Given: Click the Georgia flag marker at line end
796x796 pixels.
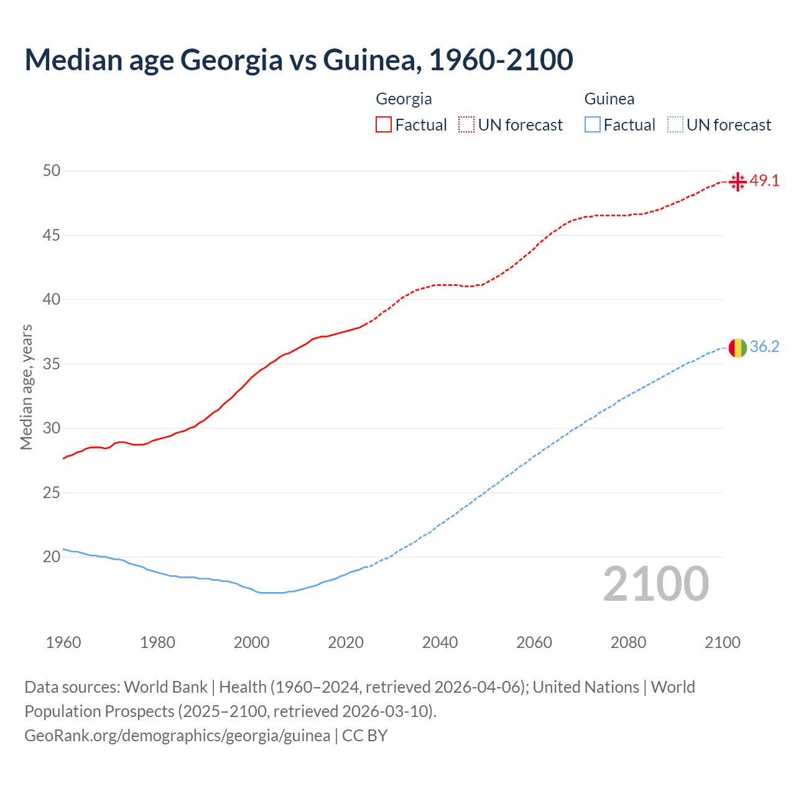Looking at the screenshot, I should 738,182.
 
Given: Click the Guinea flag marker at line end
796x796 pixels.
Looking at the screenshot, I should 738,348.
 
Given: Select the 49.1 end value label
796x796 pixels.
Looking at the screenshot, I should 764,181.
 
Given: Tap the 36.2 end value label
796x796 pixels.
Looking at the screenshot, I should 764,347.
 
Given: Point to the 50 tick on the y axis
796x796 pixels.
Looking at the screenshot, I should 52,170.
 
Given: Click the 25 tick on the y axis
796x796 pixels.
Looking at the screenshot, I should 52,493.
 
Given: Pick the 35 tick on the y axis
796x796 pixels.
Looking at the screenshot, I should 52,364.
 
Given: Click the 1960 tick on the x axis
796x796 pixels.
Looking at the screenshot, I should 63,642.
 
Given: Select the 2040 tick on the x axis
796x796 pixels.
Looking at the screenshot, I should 440,642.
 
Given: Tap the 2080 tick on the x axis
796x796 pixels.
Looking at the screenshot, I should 628,642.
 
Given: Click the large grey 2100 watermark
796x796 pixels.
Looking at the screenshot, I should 656,584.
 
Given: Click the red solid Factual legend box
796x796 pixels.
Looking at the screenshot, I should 384,125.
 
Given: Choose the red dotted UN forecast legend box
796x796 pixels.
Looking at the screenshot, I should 466,125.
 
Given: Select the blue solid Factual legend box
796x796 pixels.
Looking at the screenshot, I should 593,125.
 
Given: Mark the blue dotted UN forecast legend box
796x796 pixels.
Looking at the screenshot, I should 675,125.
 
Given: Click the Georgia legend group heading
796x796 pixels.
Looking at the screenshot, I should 404,99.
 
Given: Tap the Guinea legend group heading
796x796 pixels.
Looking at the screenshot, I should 609,99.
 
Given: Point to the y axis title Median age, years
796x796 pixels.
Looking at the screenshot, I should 26,387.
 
